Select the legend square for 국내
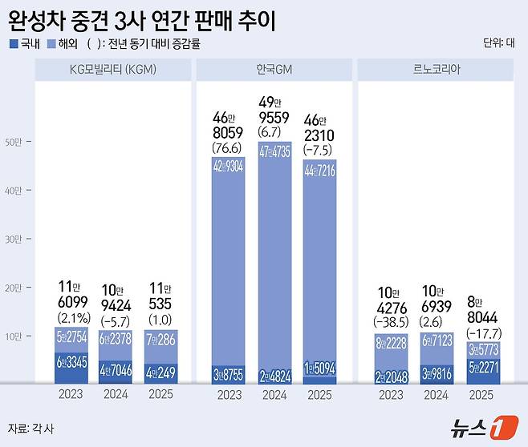point(13,44)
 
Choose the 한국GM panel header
point(274,69)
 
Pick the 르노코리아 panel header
point(436,69)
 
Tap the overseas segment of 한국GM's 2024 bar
point(274,248)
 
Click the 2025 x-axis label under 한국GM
point(319,394)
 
